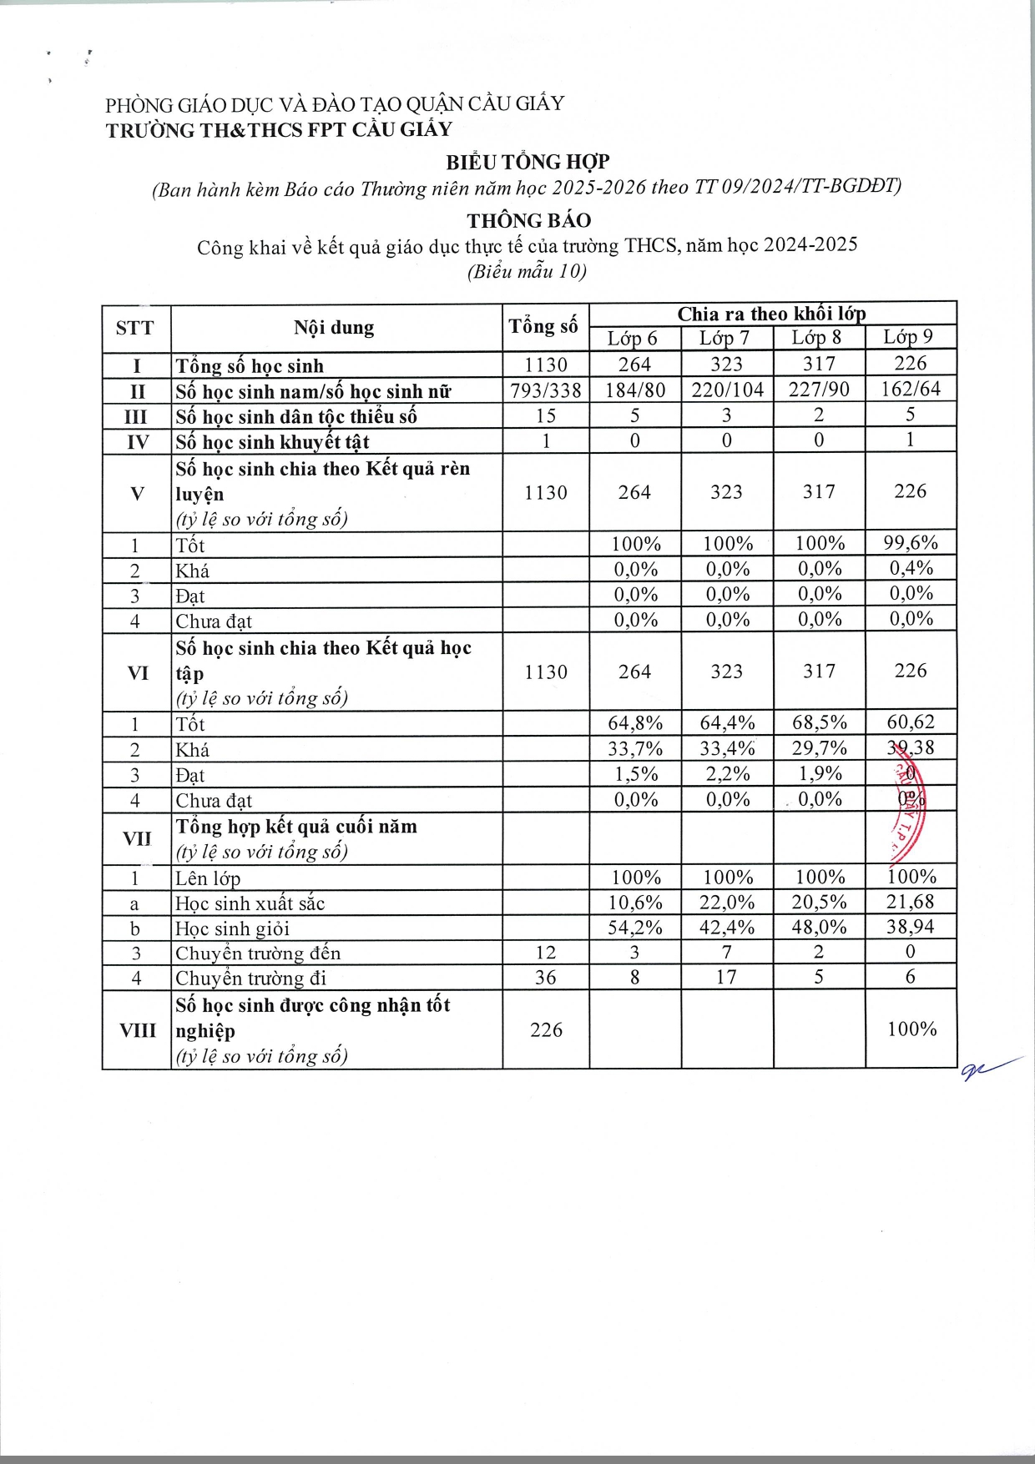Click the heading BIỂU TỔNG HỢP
click(528, 162)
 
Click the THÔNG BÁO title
click(528, 221)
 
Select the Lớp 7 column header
click(724, 338)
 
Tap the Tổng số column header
click(544, 326)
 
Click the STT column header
click(135, 328)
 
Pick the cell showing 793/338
click(546, 390)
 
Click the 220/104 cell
click(727, 390)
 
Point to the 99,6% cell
click(911, 543)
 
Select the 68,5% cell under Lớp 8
click(819, 722)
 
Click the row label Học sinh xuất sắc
click(250, 903)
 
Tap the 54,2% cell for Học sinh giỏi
click(635, 928)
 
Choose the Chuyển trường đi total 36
click(546, 978)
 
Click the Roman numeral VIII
click(137, 1030)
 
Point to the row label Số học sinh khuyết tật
click(272, 442)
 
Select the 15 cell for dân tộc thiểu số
click(546, 415)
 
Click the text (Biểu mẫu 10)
click(527, 271)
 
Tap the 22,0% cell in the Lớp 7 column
click(727, 903)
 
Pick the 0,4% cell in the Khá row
click(911, 569)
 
